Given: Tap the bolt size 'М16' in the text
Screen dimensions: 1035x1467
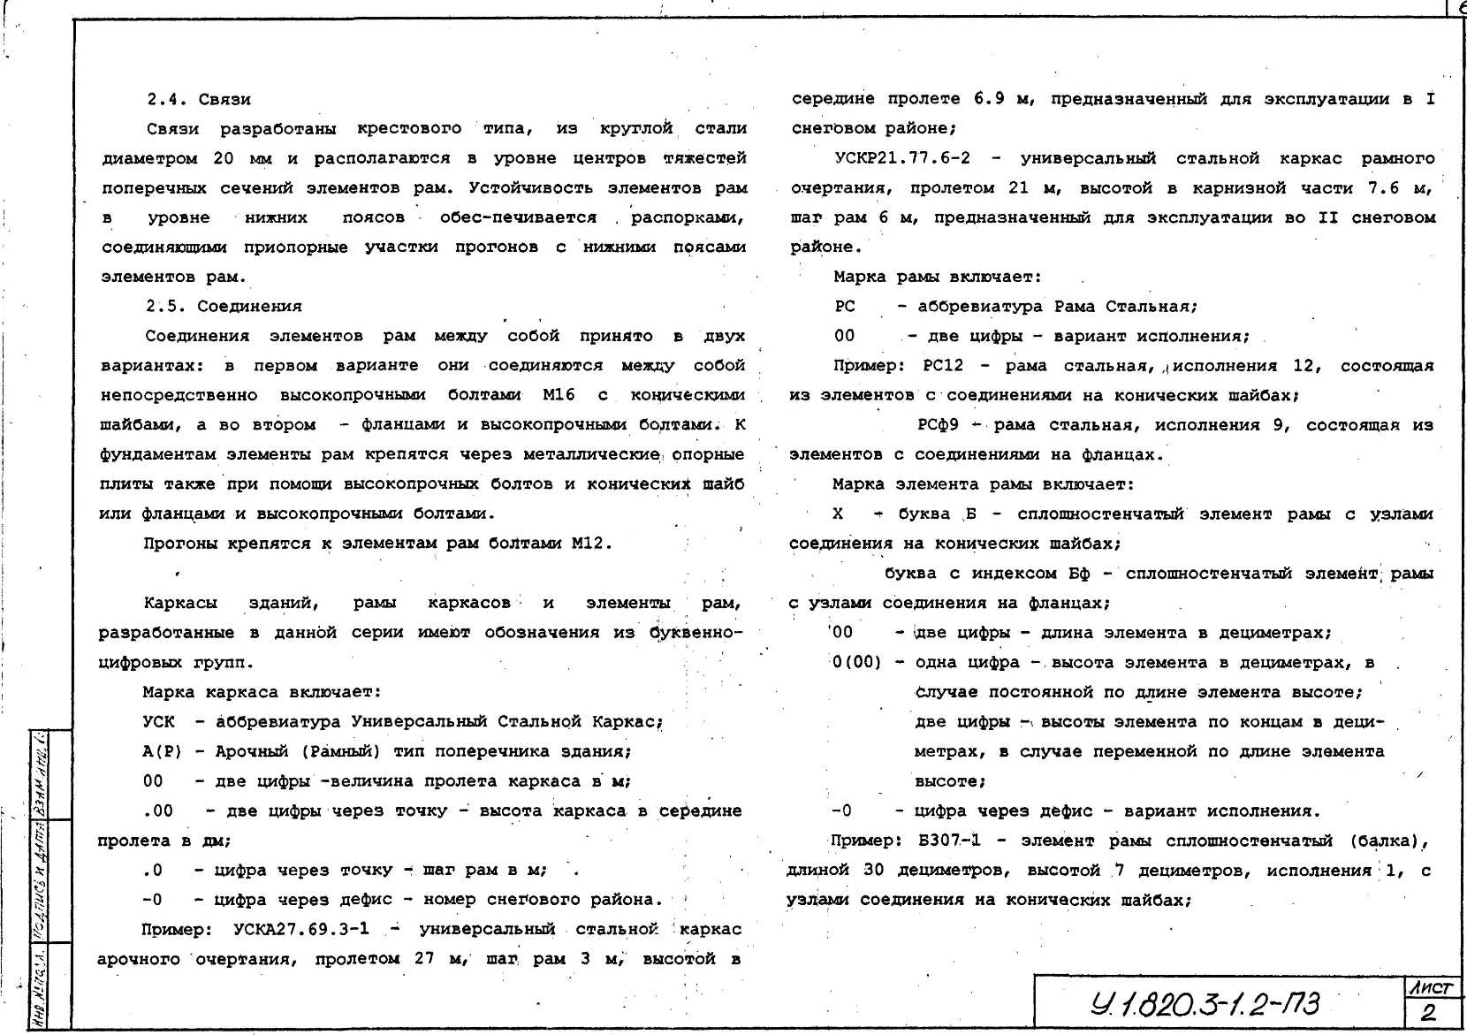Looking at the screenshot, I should [x=559, y=395].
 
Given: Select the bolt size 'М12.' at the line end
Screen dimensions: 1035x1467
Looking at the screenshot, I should [x=591, y=544].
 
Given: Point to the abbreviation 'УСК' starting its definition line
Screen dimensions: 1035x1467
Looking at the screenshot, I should [x=158, y=722].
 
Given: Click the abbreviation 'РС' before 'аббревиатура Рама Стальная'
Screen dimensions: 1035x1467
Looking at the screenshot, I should [x=845, y=307].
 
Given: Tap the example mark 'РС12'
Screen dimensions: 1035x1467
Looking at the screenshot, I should [x=947, y=366].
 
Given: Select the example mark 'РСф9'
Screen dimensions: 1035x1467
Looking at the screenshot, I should [x=937, y=425].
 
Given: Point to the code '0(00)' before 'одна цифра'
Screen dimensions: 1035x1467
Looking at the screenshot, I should [x=856, y=663].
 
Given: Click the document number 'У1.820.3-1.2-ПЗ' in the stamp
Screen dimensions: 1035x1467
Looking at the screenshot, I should [x=1205, y=1005].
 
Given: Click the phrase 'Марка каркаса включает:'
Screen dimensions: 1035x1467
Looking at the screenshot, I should [x=262, y=692].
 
